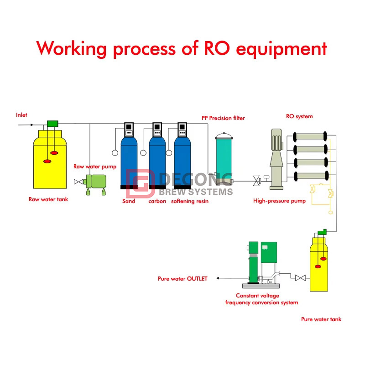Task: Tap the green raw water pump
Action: tap(96, 182)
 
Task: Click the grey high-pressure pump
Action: tap(277, 160)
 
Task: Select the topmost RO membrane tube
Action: tap(310, 136)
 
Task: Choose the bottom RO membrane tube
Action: tap(310, 176)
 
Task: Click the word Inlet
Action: tap(22, 115)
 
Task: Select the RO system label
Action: tap(299, 116)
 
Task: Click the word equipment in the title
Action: tap(282, 48)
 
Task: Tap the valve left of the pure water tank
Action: tap(300, 278)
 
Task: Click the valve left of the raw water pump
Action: tap(78, 182)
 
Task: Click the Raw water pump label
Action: tap(95, 167)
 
